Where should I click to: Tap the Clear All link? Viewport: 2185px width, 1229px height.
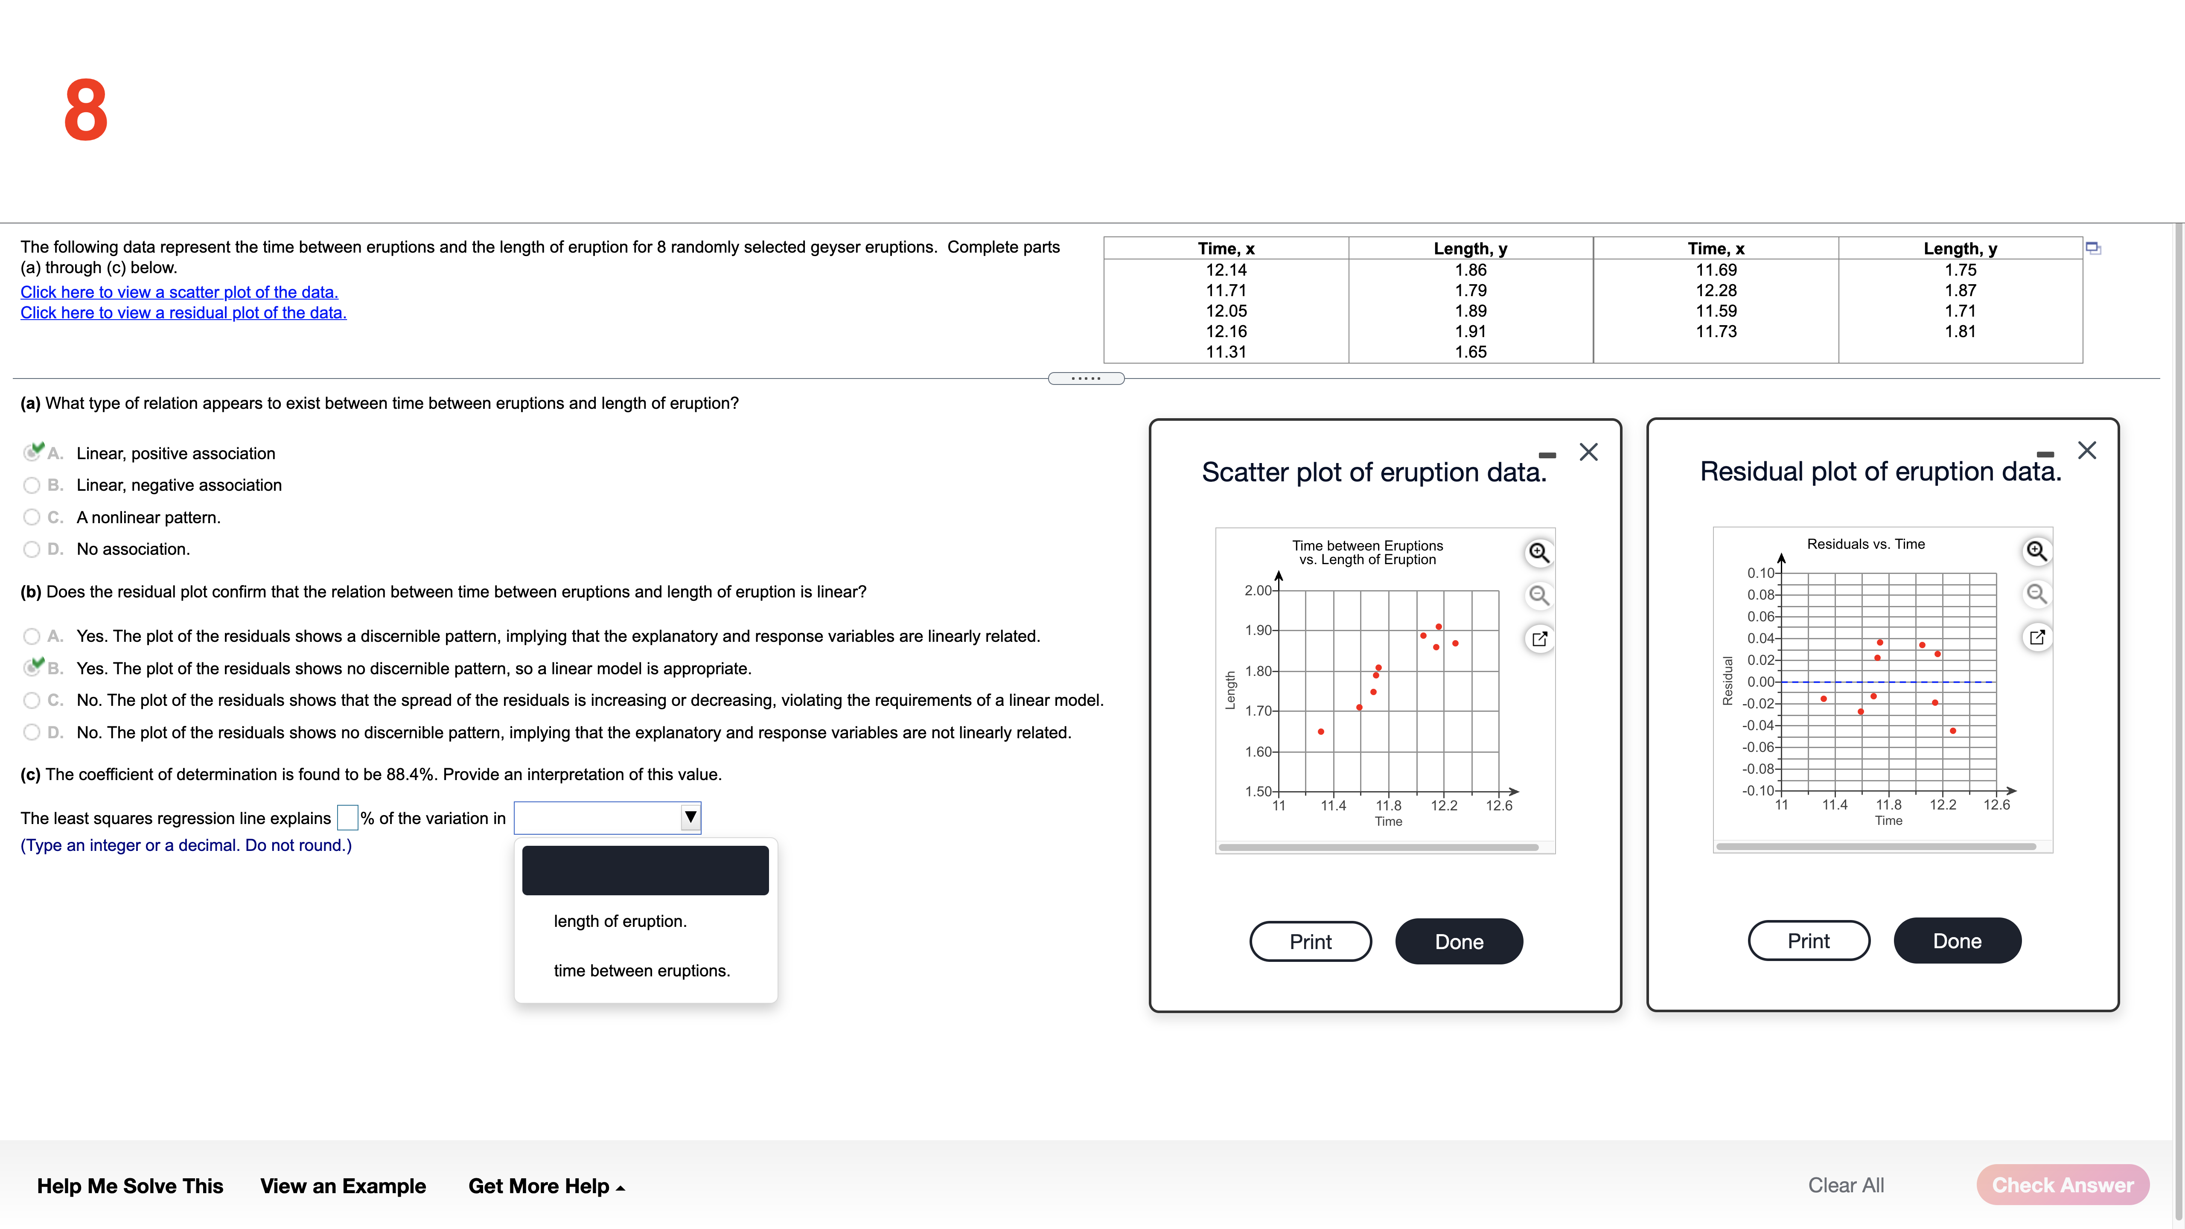coord(1846,1185)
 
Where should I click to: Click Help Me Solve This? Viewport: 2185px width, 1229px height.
coord(130,1186)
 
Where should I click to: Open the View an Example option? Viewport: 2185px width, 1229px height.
coord(343,1186)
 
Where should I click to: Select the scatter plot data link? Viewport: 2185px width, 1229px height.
coord(179,292)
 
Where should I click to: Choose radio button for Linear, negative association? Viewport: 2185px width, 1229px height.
coord(32,485)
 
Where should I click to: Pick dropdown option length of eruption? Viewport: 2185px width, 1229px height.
coord(620,921)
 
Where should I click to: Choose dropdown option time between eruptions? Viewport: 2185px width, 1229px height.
coord(641,970)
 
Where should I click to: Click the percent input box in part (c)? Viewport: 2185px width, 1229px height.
coord(347,818)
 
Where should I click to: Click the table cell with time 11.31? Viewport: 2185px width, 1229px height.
coord(1226,352)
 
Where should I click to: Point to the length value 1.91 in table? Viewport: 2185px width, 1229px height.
coord(1470,332)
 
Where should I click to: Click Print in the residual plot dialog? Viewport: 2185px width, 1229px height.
coord(1809,941)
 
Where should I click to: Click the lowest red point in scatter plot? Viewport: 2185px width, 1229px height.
coord(1321,731)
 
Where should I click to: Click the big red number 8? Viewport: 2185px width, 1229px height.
coord(86,110)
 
